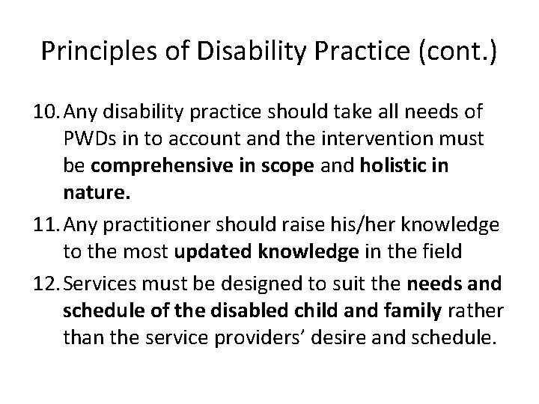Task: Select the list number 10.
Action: pos(49,111)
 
